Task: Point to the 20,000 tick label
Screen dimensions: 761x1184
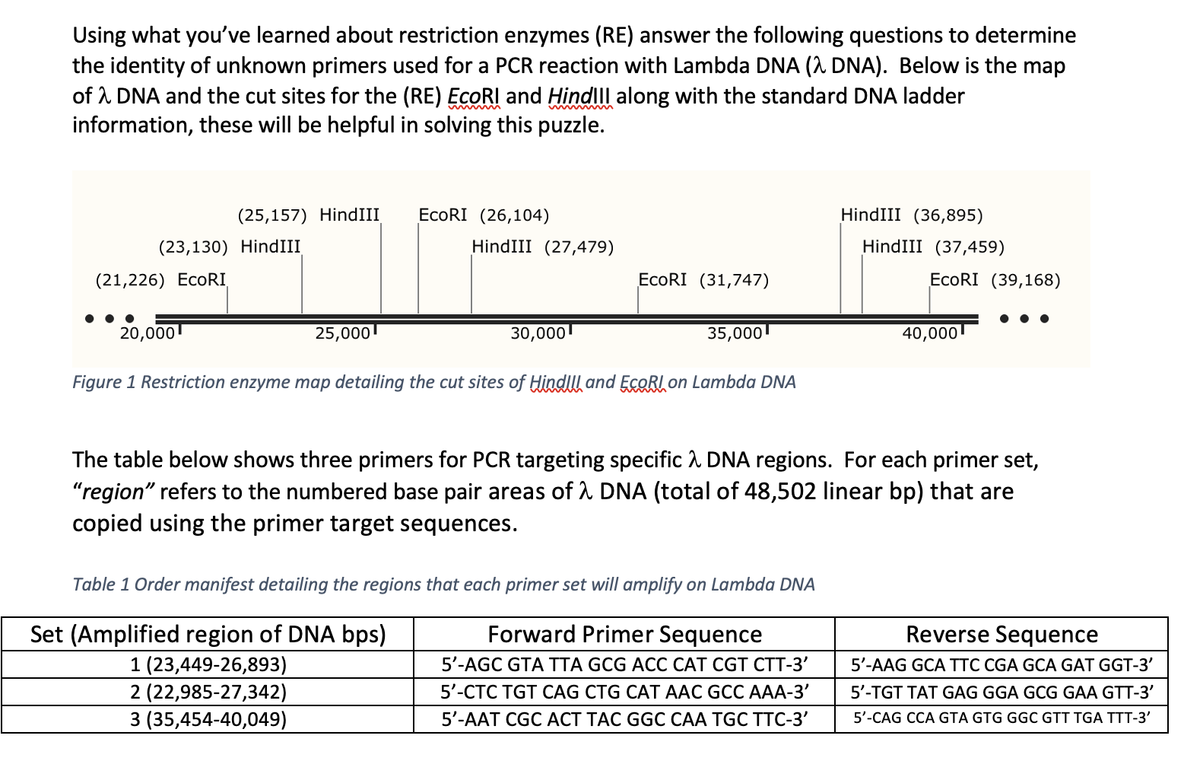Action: click(148, 333)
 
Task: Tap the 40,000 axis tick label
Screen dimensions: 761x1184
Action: click(929, 333)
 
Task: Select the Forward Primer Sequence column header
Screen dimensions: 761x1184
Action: click(624, 634)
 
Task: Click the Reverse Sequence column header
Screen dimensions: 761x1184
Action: click(1001, 634)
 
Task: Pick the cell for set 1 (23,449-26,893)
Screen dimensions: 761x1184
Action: click(208, 665)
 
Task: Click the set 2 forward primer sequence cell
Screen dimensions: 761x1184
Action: click(624, 692)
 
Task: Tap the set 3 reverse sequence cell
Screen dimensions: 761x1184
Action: click(1001, 718)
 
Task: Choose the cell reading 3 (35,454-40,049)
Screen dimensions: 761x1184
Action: click(208, 719)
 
